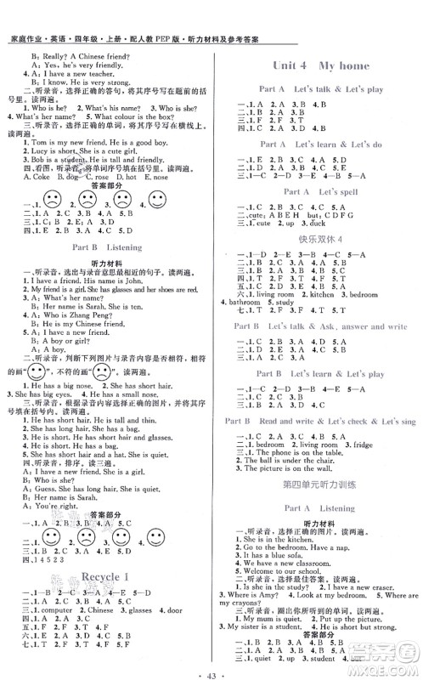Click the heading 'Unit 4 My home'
321,65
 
